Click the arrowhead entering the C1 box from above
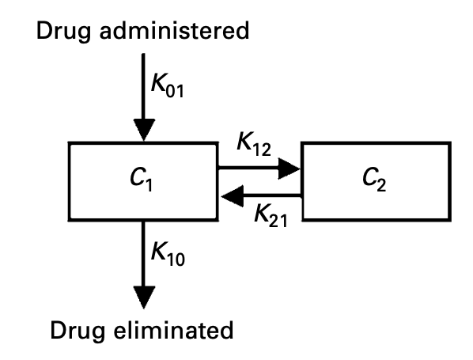tap(143, 127)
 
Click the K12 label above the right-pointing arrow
tap(254, 147)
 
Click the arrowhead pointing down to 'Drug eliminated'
tap(143, 294)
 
